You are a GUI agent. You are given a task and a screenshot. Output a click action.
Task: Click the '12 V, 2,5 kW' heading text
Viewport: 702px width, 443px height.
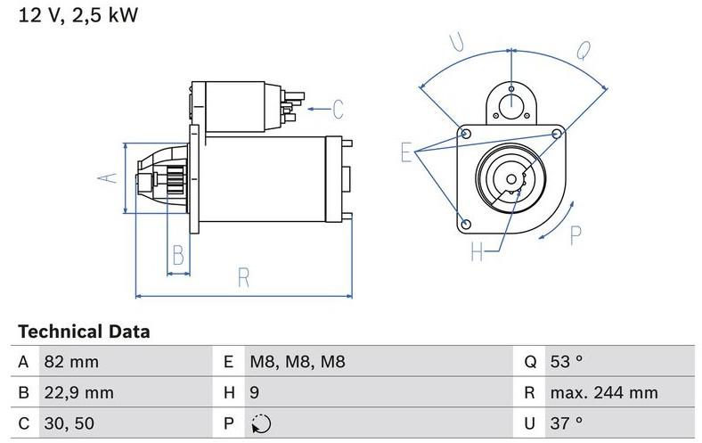[x=75, y=15]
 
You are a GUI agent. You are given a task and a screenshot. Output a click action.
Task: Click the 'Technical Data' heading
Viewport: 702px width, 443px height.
[x=84, y=332]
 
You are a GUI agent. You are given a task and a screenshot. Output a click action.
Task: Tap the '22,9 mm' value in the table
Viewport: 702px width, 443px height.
[x=81, y=392]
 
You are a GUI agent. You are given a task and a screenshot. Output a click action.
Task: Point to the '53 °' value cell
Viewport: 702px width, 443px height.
[x=566, y=363]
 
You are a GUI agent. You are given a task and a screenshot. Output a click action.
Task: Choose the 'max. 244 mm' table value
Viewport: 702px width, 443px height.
[x=603, y=392]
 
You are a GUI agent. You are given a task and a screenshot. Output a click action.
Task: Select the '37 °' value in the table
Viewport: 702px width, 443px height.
[x=566, y=422]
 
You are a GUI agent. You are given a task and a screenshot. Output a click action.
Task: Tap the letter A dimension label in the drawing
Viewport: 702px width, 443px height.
[x=108, y=176]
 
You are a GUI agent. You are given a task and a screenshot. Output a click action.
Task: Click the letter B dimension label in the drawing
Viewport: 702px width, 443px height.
[x=178, y=256]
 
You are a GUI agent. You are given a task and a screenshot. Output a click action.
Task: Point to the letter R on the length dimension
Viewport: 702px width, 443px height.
[x=243, y=277]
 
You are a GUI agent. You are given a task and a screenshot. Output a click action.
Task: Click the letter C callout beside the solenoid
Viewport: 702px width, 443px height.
[x=337, y=110]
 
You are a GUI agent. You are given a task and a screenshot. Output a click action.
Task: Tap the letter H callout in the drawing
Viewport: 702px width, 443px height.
[x=478, y=253]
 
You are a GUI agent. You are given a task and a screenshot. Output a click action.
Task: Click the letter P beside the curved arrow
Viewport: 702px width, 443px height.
[x=575, y=234]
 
